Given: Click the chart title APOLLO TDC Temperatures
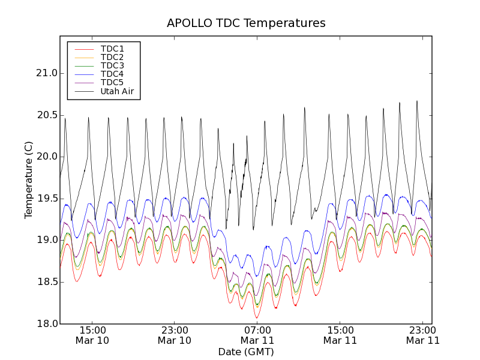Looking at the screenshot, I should tap(246, 23).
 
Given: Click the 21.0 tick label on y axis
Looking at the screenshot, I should tap(46, 73).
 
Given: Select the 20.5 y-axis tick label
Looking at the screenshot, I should tap(46, 115).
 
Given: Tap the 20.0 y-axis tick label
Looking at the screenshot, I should tap(46, 157).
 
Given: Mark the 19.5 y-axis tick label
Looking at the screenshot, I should tap(46, 199).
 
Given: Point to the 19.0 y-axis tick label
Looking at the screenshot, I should tap(46, 240).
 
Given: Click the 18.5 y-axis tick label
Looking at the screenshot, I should tap(46, 282).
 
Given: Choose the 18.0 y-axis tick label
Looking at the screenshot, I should tap(46, 324).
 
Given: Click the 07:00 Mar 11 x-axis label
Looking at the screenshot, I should tap(257, 335).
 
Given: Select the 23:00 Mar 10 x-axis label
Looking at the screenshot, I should tap(175, 335).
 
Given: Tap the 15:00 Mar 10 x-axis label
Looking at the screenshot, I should tap(92, 335).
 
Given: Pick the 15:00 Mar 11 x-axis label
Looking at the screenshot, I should tap(340, 335).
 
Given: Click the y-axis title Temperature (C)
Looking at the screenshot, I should tap(29, 180).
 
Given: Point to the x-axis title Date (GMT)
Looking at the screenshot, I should tap(246, 352).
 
